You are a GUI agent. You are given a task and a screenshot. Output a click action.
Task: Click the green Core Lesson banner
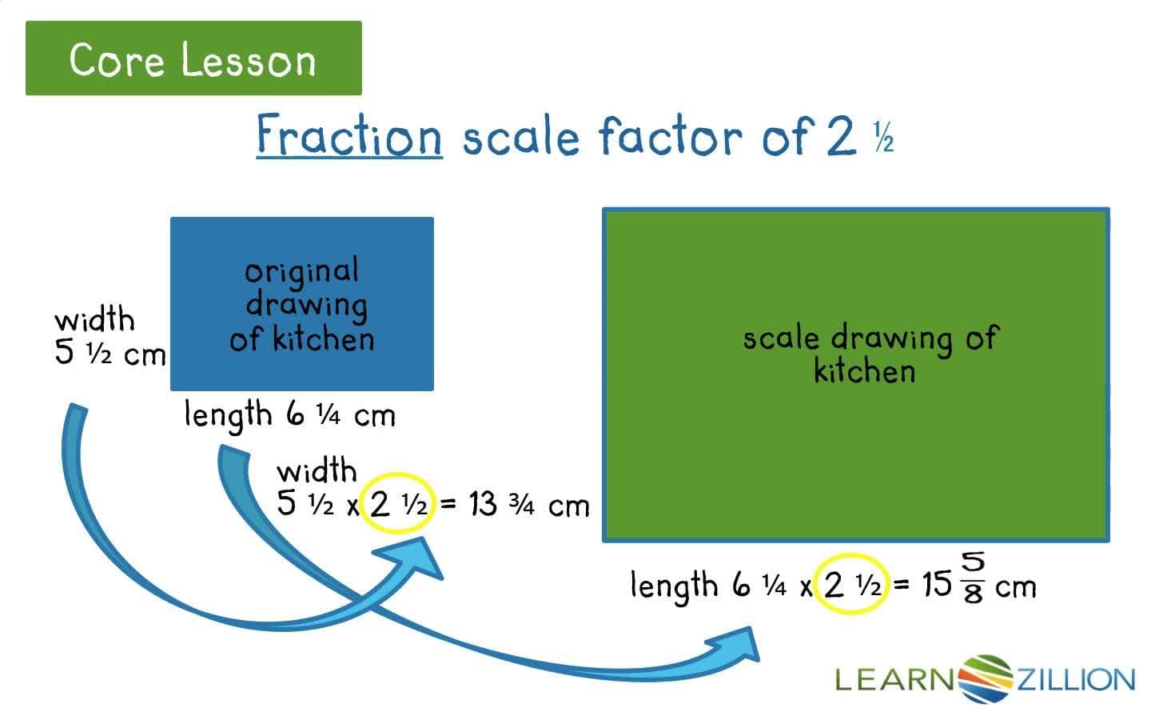coord(193,58)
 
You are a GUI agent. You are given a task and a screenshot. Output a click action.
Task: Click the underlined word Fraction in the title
coord(349,135)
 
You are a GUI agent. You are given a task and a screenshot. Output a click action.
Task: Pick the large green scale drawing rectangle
coord(855,448)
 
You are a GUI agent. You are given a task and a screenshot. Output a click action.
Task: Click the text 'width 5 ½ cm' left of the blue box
coord(109,337)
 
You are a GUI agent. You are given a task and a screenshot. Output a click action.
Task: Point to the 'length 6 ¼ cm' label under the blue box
coord(289,415)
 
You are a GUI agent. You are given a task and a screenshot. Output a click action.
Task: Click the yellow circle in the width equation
coord(396,504)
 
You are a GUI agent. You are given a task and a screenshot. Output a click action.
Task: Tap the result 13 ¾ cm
coord(528,505)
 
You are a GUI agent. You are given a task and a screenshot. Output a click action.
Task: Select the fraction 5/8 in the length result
coord(973,578)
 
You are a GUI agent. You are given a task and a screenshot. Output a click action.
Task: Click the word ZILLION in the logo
coord(1074,680)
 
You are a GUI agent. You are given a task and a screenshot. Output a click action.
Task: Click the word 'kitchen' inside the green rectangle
coord(864,372)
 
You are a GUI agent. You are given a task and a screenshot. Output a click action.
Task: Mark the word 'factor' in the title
coord(670,135)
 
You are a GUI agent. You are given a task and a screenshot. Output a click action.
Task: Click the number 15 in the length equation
coord(936,585)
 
